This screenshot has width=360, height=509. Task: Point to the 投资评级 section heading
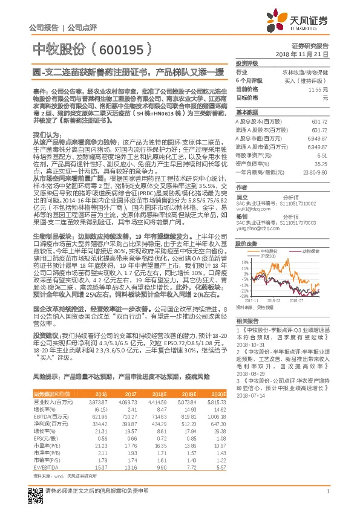point(246,63)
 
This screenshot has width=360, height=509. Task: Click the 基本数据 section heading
point(246,112)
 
